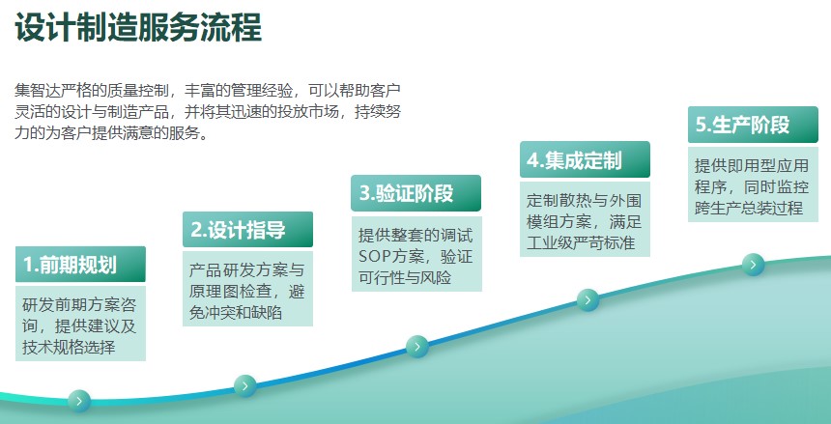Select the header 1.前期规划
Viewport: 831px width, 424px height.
(x=80, y=264)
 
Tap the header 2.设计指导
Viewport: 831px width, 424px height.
(x=247, y=230)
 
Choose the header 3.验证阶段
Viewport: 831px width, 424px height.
(x=416, y=193)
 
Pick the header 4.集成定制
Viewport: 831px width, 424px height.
(x=585, y=159)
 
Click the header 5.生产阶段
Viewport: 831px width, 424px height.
(x=753, y=125)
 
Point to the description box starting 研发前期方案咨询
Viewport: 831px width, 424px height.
(x=80, y=324)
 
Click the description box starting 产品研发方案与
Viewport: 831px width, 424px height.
(x=247, y=289)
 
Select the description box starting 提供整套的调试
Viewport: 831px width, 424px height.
(x=416, y=254)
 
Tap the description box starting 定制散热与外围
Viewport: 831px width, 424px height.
(x=585, y=219)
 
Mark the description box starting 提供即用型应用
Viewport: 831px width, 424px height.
(x=753, y=184)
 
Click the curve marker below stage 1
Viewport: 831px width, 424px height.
(x=79, y=401)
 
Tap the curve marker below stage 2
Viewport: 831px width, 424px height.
(x=244, y=385)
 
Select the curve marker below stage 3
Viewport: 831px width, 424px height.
(x=417, y=347)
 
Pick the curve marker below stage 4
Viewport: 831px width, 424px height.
(x=587, y=300)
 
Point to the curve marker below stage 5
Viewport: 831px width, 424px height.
(x=753, y=265)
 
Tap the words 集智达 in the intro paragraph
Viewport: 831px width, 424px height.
(x=38, y=90)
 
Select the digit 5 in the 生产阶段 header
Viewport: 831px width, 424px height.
(x=702, y=125)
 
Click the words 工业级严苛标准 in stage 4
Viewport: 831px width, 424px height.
(x=581, y=242)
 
